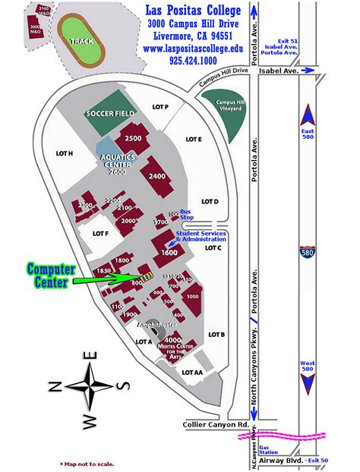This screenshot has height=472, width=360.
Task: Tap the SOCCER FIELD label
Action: coord(110,113)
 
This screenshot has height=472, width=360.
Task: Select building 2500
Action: coord(134,138)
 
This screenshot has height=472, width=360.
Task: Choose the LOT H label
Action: coord(65,153)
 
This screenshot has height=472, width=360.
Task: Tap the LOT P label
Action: coord(160,107)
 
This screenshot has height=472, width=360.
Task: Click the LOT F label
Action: coord(100,234)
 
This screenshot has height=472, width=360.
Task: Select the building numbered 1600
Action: coord(169,252)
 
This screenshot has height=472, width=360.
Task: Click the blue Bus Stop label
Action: coord(185,216)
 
